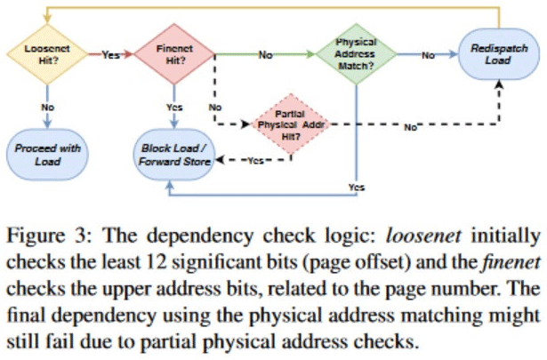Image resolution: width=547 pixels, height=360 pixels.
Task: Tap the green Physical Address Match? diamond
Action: (354, 55)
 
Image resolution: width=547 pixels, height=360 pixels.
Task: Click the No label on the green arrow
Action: (265, 55)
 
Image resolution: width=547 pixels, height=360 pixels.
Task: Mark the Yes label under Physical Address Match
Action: (356, 187)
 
